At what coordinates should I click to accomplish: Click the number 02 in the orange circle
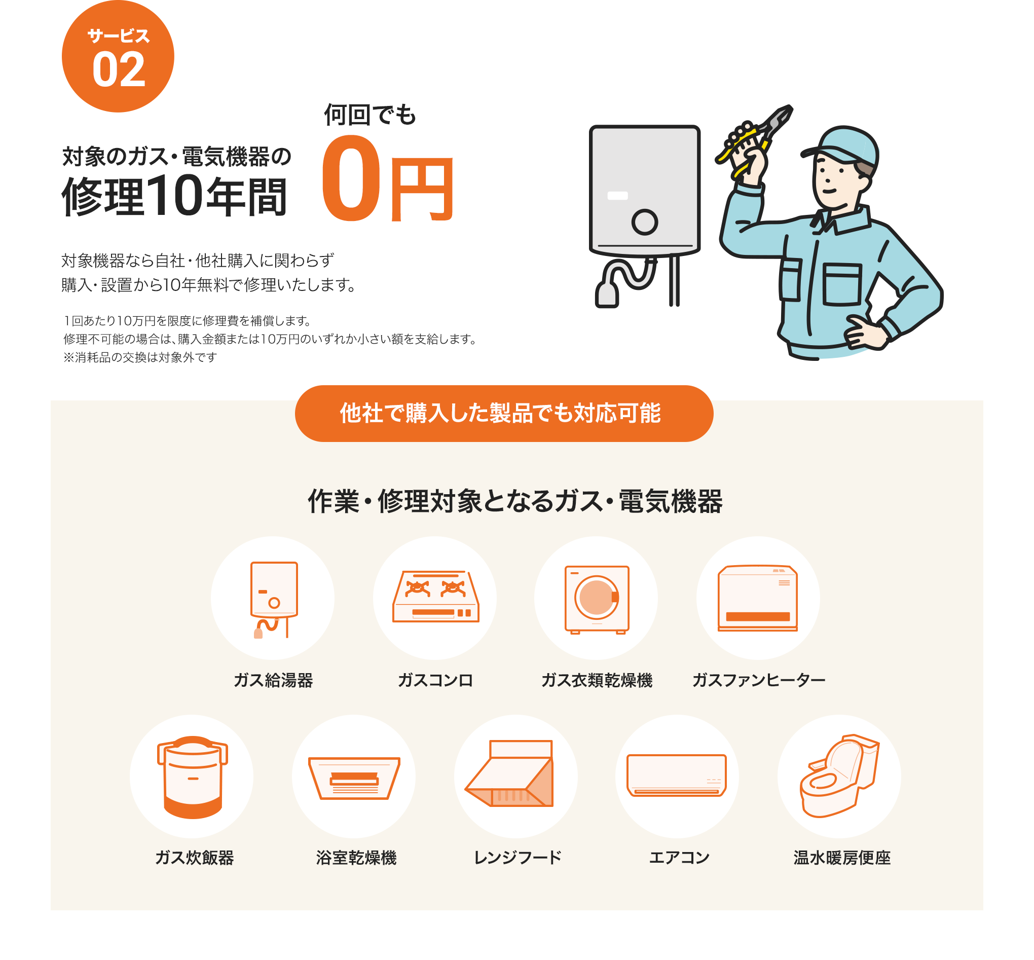[119, 69]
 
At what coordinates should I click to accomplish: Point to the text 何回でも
[370, 115]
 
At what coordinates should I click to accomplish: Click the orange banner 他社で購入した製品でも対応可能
[503, 414]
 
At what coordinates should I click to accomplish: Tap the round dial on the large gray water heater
[644, 223]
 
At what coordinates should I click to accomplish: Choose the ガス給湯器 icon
[273, 599]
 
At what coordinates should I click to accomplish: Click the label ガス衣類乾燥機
[597, 680]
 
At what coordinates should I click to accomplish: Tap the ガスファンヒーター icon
[758, 599]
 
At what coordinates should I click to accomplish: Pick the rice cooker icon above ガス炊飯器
[192, 777]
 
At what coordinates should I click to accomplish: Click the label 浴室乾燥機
[356, 858]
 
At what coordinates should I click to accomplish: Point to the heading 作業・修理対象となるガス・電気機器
[515, 502]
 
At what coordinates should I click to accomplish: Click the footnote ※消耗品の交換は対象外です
[140, 357]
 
